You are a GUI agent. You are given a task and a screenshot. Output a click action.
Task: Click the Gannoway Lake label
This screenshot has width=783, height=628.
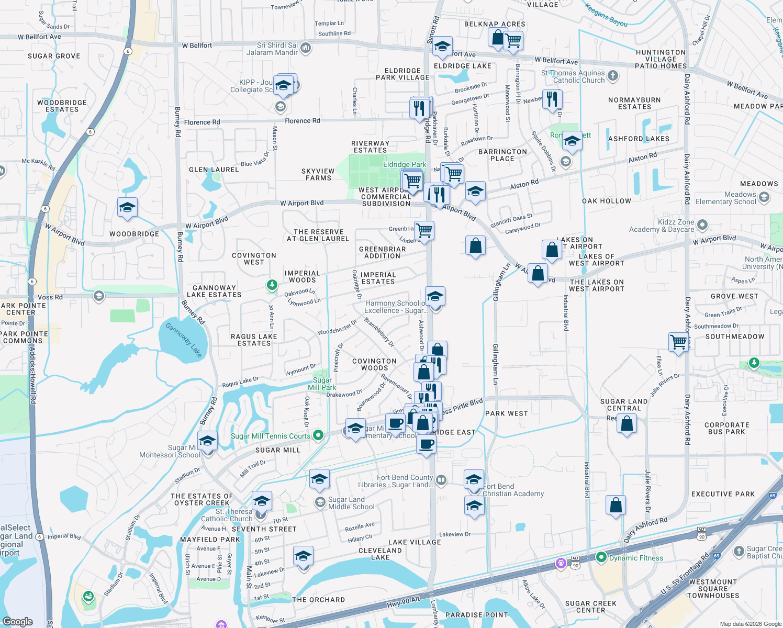point(184,340)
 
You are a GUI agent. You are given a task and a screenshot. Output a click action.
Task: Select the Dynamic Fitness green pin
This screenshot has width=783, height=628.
point(601,557)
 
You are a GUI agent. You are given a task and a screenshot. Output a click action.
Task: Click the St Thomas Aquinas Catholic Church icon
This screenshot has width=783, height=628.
point(613,76)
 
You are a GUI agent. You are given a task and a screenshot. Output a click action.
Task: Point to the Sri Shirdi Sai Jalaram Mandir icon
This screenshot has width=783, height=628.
point(306,48)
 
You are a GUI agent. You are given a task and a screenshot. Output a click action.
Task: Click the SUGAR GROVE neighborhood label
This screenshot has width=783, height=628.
point(54,56)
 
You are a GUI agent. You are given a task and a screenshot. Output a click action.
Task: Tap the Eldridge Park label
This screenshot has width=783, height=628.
point(405,164)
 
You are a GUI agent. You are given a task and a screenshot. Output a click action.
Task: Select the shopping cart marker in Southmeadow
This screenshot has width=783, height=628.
point(679,342)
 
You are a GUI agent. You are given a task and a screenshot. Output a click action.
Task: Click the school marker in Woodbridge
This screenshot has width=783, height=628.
point(127,208)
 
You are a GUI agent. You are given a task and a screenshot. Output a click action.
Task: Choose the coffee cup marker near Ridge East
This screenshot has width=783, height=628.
point(427,444)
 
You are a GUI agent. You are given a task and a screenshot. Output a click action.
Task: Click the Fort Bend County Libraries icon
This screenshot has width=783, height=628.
point(441,480)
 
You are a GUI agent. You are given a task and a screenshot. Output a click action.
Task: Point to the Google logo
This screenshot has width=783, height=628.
point(17,621)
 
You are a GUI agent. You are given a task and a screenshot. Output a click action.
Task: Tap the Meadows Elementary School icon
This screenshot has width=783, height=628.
point(764,197)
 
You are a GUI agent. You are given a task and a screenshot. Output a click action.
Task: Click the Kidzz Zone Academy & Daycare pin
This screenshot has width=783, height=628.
point(702,225)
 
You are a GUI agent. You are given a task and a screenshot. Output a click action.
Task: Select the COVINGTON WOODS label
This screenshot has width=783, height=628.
point(374,364)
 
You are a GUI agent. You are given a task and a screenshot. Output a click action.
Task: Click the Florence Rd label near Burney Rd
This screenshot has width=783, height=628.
point(202,122)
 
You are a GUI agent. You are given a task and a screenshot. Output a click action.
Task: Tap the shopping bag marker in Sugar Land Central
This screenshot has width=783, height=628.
point(627,423)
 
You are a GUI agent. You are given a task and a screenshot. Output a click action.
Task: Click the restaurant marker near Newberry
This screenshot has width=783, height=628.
point(552,98)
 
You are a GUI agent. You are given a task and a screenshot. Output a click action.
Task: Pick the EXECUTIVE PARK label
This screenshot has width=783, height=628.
point(723,494)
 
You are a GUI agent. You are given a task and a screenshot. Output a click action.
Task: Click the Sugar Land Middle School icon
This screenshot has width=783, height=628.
point(320,502)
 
